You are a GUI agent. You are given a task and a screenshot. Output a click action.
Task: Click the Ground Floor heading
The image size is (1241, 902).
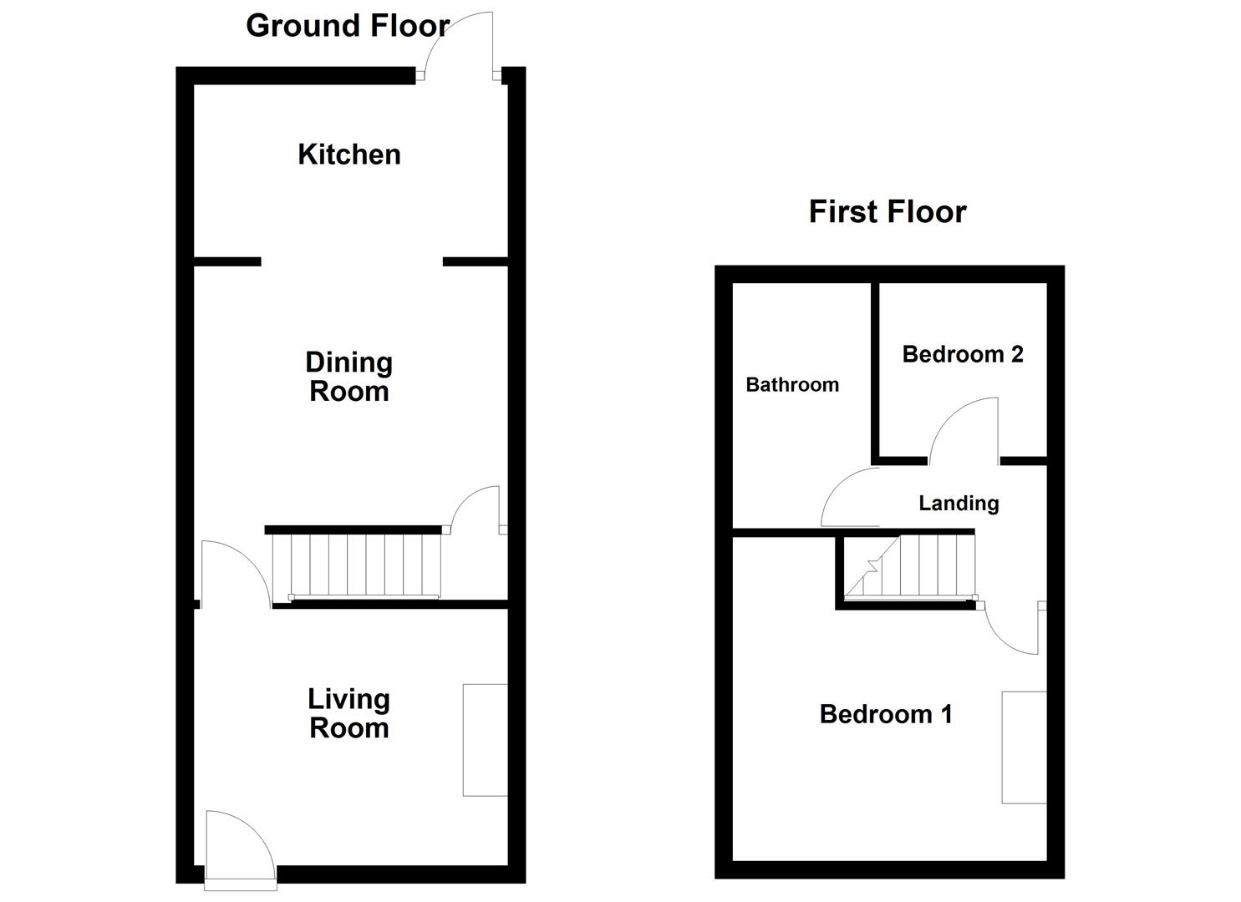(348, 26)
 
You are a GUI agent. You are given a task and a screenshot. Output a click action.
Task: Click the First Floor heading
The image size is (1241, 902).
(887, 211)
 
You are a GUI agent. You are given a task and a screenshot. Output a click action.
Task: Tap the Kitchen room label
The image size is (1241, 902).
(349, 155)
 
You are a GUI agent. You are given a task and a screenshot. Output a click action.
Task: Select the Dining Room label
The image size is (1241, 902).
(348, 377)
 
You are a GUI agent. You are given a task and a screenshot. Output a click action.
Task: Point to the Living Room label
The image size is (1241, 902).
(348, 713)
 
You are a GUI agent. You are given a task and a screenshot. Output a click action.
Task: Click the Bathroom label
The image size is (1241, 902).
(791, 385)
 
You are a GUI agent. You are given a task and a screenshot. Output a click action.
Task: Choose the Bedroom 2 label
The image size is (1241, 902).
(962, 354)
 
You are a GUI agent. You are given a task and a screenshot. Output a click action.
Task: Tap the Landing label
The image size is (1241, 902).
(958, 503)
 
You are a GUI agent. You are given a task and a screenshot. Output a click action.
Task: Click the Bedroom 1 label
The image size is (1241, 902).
(885, 714)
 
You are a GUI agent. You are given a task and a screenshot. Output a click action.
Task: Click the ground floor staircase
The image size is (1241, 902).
(356, 565)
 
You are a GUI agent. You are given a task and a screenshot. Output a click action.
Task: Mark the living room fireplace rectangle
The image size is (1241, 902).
(485, 740)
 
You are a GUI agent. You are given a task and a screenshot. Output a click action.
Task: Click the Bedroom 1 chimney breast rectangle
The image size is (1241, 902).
(1024, 747)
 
